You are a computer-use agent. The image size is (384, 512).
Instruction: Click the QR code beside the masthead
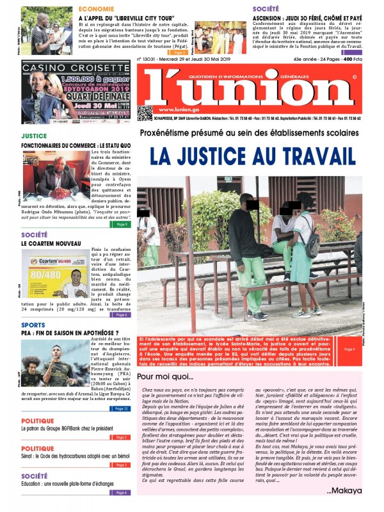point(145,113)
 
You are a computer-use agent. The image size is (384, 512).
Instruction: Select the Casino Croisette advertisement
point(73,92)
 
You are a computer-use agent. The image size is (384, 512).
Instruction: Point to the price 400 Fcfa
point(352,58)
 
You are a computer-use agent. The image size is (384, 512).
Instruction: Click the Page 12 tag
point(122,408)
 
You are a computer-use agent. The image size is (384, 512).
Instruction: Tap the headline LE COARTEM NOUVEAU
point(51,244)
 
